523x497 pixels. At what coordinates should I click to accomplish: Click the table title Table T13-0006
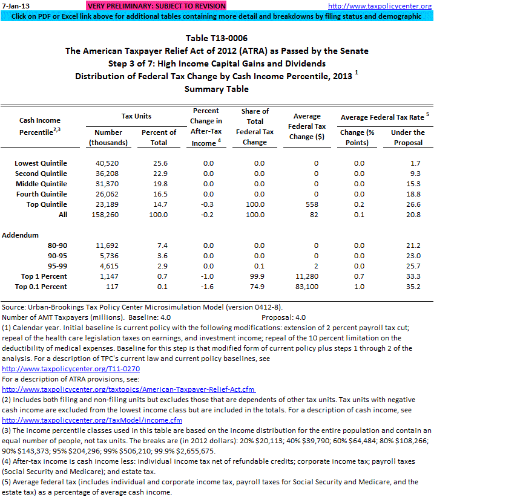tap(217, 38)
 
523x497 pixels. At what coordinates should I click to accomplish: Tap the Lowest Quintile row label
tap(41, 163)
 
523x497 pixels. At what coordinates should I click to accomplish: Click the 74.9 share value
tap(259, 287)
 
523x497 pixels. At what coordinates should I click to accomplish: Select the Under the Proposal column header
tap(408, 137)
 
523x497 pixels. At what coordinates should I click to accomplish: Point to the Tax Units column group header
tap(136, 116)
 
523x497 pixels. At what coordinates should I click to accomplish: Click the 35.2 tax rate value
tap(414, 287)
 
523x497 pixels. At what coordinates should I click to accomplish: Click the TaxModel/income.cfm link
tap(92, 420)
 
